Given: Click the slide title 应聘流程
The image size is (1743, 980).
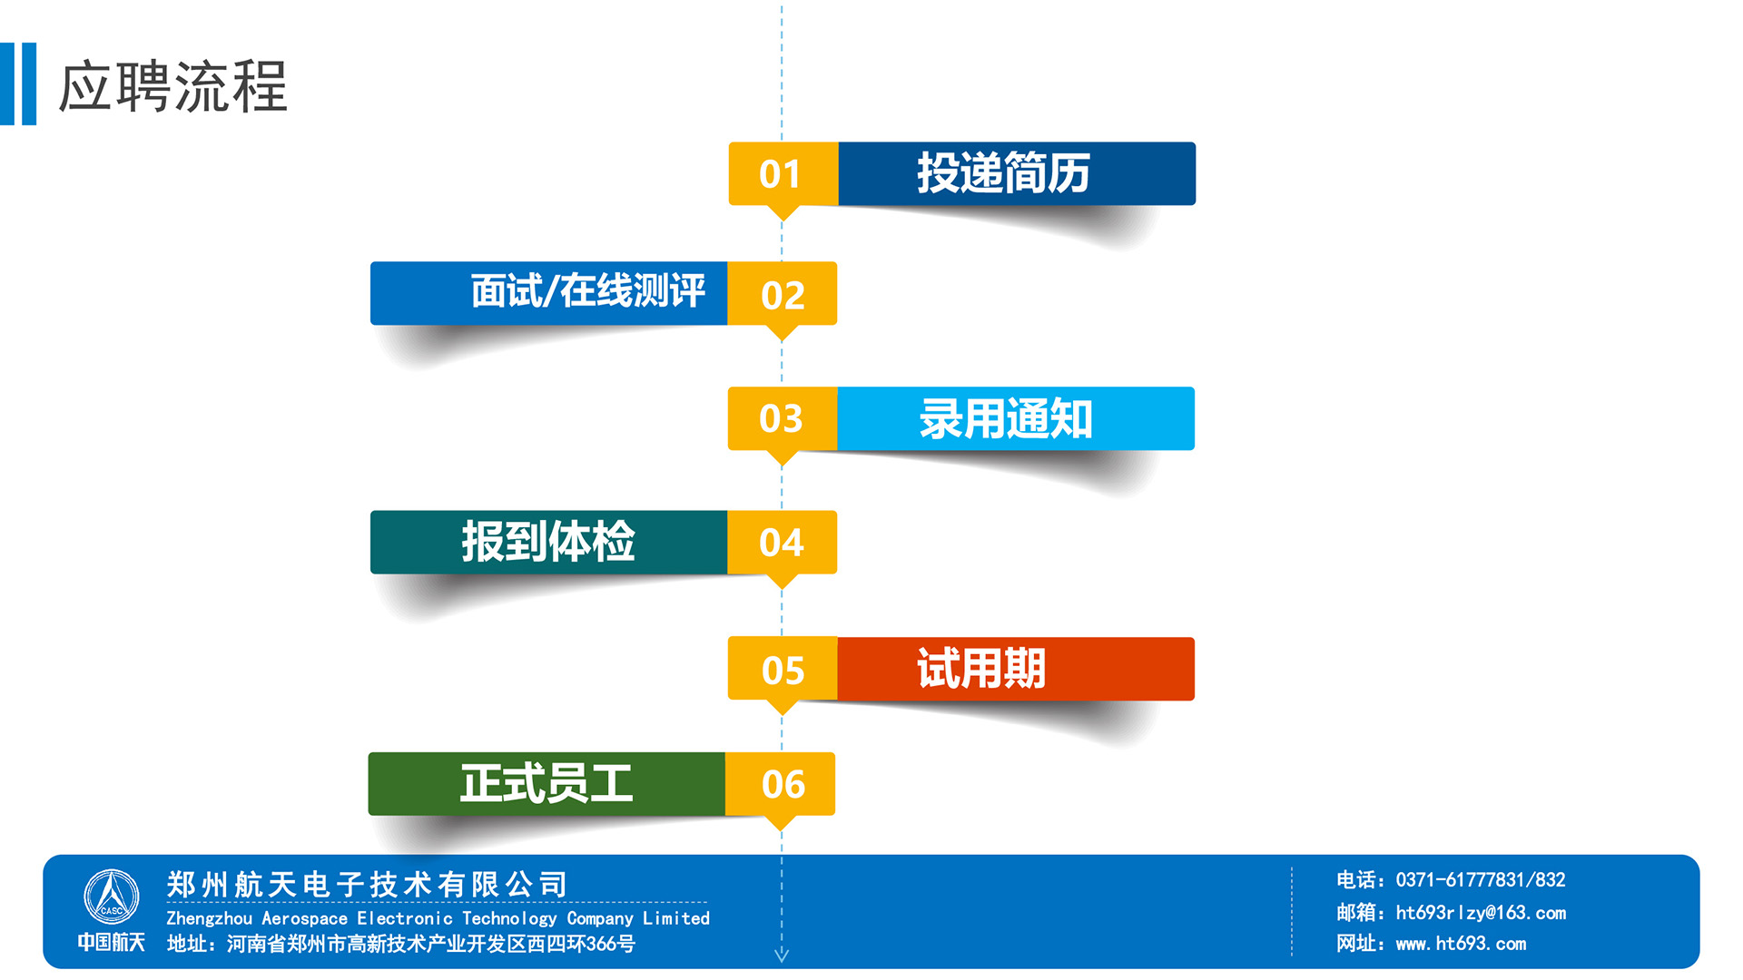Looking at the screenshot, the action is [x=172, y=87].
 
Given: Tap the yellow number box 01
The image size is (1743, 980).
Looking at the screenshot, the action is [x=783, y=173].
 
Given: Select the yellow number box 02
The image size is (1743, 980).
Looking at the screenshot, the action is [x=782, y=294].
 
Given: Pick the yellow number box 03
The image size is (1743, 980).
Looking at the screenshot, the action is [x=783, y=418].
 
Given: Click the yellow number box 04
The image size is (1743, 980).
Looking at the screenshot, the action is [x=782, y=543].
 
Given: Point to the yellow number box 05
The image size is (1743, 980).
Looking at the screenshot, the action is [x=783, y=669].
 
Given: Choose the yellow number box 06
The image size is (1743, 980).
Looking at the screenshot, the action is [x=780, y=784].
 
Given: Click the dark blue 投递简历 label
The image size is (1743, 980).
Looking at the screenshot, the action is [x=1017, y=173].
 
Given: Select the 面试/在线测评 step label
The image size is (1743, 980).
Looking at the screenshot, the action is [x=548, y=293].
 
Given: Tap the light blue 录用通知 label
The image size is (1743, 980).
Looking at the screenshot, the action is [x=1016, y=418].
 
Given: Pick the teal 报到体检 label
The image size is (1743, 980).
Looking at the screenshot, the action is [x=548, y=543].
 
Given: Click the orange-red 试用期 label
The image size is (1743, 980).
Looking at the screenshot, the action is [x=1016, y=669].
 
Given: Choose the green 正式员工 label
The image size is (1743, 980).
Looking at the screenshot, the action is [x=547, y=784].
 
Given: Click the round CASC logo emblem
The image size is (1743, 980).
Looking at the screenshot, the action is [x=112, y=897].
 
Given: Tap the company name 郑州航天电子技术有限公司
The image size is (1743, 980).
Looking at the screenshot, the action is [x=368, y=885].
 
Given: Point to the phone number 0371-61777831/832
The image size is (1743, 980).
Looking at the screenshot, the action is [x=1481, y=879].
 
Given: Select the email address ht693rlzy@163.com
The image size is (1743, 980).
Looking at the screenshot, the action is [x=1481, y=913].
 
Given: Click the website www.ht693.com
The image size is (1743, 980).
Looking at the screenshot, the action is [x=1461, y=944].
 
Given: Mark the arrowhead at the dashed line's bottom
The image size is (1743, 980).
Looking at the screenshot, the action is [x=782, y=955].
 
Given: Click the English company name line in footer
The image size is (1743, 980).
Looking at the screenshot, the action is [x=438, y=918].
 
